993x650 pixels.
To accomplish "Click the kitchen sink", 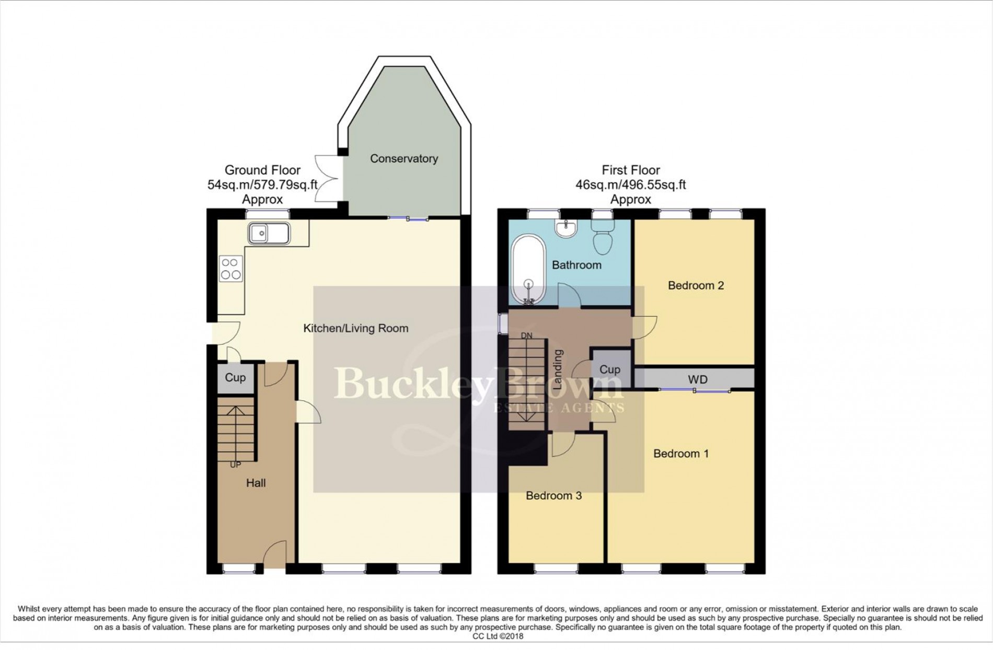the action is [x=269, y=233].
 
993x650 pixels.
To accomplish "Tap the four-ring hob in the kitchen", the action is [x=231, y=269].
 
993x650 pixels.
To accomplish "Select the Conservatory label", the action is [x=404, y=158].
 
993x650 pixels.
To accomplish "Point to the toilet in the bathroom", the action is [x=604, y=238].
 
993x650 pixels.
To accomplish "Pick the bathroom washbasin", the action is [x=567, y=228].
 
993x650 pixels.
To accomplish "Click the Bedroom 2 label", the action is [x=696, y=285].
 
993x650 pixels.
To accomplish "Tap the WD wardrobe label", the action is [x=698, y=379].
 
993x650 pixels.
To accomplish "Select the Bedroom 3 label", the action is [x=553, y=495].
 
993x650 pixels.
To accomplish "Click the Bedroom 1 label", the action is [x=681, y=454].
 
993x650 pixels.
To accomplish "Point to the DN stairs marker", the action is [x=526, y=336].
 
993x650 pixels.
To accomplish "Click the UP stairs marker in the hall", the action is [x=235, y=465].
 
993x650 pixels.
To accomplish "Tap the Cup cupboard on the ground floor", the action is [x=235, y=377].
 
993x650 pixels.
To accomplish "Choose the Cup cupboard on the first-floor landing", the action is [x=610, y=369].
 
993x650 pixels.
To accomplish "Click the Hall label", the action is [x=256, y=483].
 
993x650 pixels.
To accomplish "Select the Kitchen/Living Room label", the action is [x=356, y=329].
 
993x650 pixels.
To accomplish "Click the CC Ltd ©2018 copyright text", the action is [x=498, y=636].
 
